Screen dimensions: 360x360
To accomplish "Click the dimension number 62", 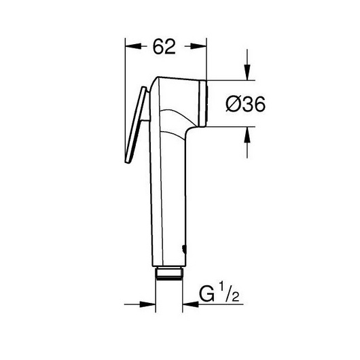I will tap(164, 46).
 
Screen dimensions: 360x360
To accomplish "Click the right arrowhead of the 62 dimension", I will tap(200, 46).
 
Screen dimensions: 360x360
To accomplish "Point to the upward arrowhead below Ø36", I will tap(247, 134).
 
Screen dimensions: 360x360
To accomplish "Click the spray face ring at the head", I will tap(203, 104).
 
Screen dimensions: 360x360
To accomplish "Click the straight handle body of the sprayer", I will tap(170, 197).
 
